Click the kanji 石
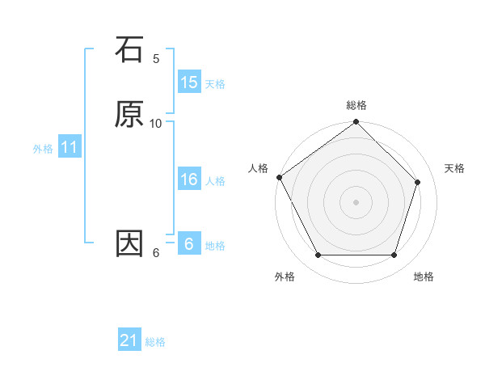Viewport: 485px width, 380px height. pyautogui.click(x=129, y=49)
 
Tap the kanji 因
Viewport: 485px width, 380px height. pyautogui.click(x=129, y=243)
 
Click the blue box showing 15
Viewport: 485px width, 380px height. pyautogui.click(x=188, y=82)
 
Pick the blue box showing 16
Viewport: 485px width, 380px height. pyautogui.click(x=188, y=179)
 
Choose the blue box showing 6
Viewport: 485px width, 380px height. pyautogui.click(x=188, y=243)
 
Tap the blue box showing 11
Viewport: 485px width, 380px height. pyautogui.click(x=69, y=147)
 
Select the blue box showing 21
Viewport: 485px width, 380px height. pyautogui.click(x=129, y=340)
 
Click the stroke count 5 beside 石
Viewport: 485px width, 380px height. pyautogui.click(x=156, y=58)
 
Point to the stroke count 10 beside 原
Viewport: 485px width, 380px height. pyautogui.click(x=156, y=123)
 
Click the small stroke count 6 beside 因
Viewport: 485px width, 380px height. pyautogui.click(x=156, y=252)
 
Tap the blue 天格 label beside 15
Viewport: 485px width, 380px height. pyautogui.click(x=215, y=83)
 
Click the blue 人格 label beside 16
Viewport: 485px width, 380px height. pyautogui.click(x=215, y=181)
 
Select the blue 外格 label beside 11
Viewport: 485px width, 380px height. pyautogui.click(x=43, y=149)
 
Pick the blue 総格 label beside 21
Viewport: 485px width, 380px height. pyautogui.click(x=155, y=342)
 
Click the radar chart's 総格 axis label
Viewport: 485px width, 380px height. pyautogui.click(x=356, y=105)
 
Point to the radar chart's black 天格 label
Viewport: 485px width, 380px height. pyautogui.click(x=455, y=168)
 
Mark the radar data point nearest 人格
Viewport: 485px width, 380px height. pyautogui.click(x=280, y=177)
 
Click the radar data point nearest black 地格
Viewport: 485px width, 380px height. pyautogui.click(x=394, y=255)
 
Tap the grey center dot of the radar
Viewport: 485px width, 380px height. pyautogui.click(x=356, y=201)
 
